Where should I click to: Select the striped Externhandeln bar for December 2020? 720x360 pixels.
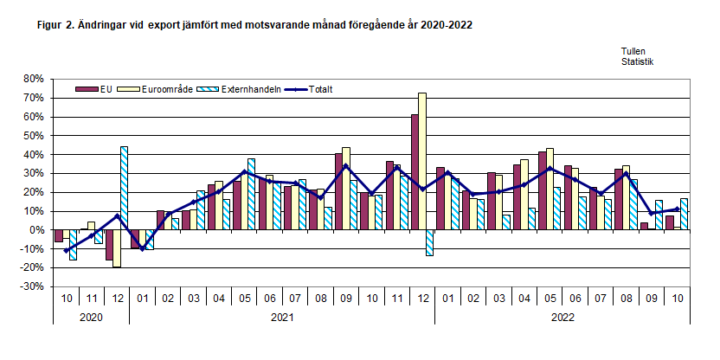pyautogui.click(x=125, y=188)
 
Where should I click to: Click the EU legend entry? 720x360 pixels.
pyautogui.click(x=95, y=89)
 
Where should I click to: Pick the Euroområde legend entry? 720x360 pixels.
pyautogui.click(x=151, y=89)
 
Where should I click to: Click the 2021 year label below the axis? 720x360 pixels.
pyautogui.click(x=280, y=318)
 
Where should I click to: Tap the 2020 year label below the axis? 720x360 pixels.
pyautogui.click(x=91, y=318)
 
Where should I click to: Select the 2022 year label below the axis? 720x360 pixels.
pyautogui.click(x=562, y=318)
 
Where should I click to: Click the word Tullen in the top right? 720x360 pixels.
pyautogui.click(x=633, y=51)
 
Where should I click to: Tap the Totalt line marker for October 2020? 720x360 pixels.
pyautogui.click(x=66, y=251)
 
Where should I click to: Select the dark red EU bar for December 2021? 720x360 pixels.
pyautogui.click(x=415, y=172)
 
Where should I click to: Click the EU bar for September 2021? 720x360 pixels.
pyautogui.click(x=339, y=192)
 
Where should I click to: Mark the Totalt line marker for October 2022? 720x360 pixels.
pyautogui.click(x=676, y=209)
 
